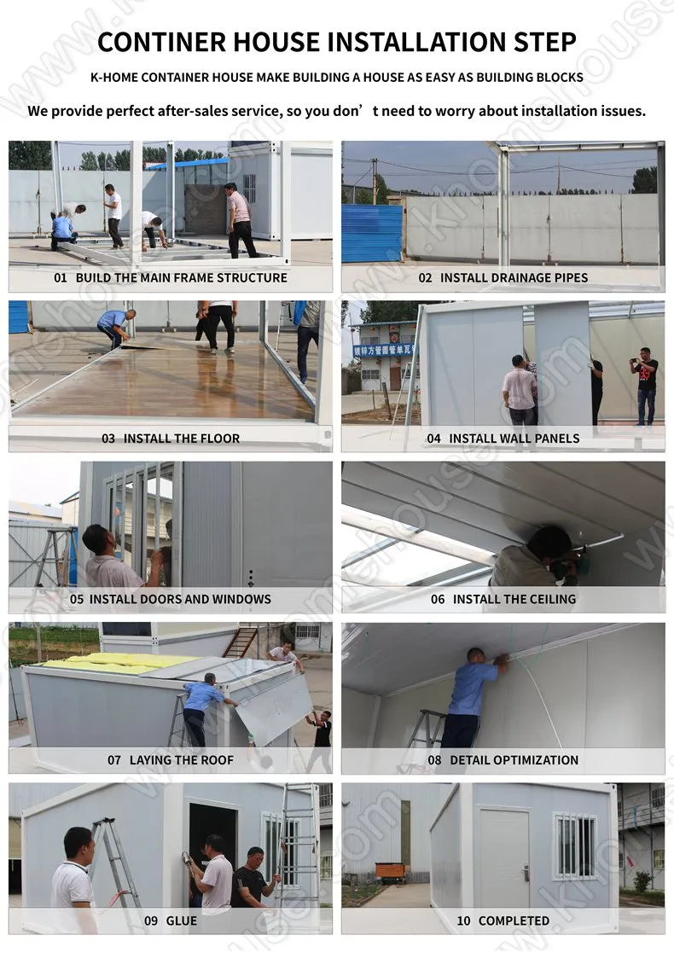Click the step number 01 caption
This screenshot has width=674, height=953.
pyautogui.click(x=60, y=278)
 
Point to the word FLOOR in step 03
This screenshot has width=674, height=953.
pyautogui.click(x=220, y=439)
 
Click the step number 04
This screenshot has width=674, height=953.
pyautogui.click(x=434, y=439)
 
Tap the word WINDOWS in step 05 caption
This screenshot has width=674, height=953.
pyautogui.click(x=241, y=599)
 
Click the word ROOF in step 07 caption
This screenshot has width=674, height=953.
pyautogui.click(x=217, y=759)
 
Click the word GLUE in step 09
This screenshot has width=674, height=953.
pyautogui.click(x=182, y=921)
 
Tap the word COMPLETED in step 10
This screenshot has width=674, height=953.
pyautogui.click(x=514, y=921)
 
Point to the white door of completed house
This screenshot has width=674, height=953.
pyautogui.click(x=505, y=857)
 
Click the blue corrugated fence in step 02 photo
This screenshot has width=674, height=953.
pyautogui.click(x=372, y=232)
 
